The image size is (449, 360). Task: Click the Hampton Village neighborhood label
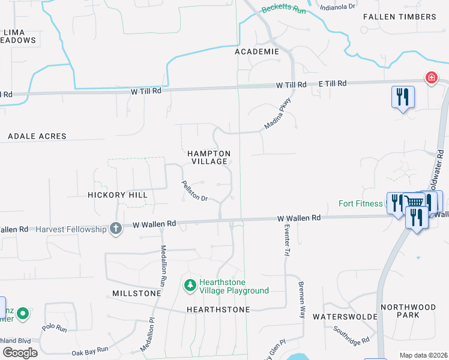click(209, 157)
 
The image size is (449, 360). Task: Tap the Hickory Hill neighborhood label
click(117, 195)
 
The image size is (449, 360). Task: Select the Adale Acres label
click(37, 136)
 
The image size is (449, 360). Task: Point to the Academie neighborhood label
click(257, 52)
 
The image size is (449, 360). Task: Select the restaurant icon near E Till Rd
click(402, 97)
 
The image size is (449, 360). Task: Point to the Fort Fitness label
click(360, 203)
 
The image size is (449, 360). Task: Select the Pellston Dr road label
click(194, 191)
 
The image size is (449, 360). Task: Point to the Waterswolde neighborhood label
click(345, 316)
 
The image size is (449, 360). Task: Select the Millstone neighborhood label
click(136, 293)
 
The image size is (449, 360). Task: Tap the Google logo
click(20, 353)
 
